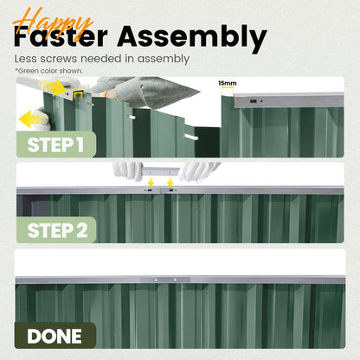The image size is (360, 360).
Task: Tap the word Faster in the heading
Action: (61, 37)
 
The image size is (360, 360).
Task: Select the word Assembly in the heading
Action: (192, 39)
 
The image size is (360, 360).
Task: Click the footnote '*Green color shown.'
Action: (48, 71)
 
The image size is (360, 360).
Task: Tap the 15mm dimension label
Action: (228, 83)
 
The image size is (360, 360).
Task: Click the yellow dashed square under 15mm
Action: (228, 92)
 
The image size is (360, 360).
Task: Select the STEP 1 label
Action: (55, 145)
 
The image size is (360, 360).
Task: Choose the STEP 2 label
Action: (57, 230)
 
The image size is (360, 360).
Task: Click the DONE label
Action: (55, 336)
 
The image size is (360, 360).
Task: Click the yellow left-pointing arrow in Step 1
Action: (29, 119)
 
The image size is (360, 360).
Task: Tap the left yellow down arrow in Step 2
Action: (151, 182)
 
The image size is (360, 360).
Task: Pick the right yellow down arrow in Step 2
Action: (170, 182)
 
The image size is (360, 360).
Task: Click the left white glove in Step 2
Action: (128, 170)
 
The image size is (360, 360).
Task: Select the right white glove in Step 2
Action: (198, 171)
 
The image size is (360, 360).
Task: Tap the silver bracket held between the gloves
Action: (160, 171)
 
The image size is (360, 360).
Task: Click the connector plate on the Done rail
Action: (165, 280)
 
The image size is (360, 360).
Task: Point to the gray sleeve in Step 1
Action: (145, 91)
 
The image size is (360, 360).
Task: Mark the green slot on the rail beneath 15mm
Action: (254, 101)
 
